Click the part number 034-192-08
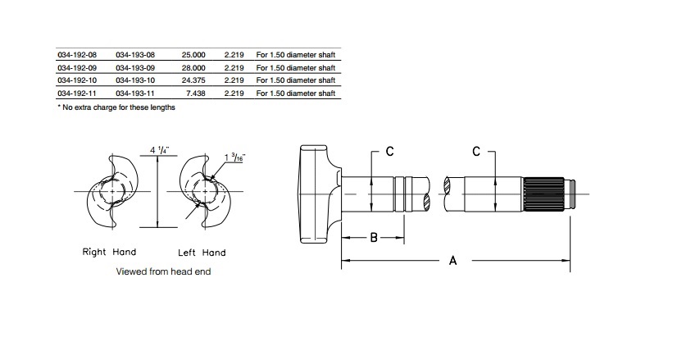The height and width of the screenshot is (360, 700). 77,54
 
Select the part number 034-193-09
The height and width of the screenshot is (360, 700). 135,67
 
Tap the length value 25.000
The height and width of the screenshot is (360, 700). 193,54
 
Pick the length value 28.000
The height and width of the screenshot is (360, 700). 193,67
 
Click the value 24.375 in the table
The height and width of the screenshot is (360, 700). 193,80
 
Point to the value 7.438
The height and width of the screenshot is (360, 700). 197,93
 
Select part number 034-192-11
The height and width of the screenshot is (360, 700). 77,93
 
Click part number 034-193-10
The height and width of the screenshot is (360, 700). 135,80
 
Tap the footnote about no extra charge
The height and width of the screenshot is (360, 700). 116,107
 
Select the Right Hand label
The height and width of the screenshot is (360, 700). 109,252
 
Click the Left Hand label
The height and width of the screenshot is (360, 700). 202,252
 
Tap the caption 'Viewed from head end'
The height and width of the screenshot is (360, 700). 163,271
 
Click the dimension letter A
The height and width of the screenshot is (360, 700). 452,260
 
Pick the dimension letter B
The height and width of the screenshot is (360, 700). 373,239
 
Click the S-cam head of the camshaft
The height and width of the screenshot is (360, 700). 316,194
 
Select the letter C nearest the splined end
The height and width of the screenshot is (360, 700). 477,151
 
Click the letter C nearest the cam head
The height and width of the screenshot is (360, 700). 390,151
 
